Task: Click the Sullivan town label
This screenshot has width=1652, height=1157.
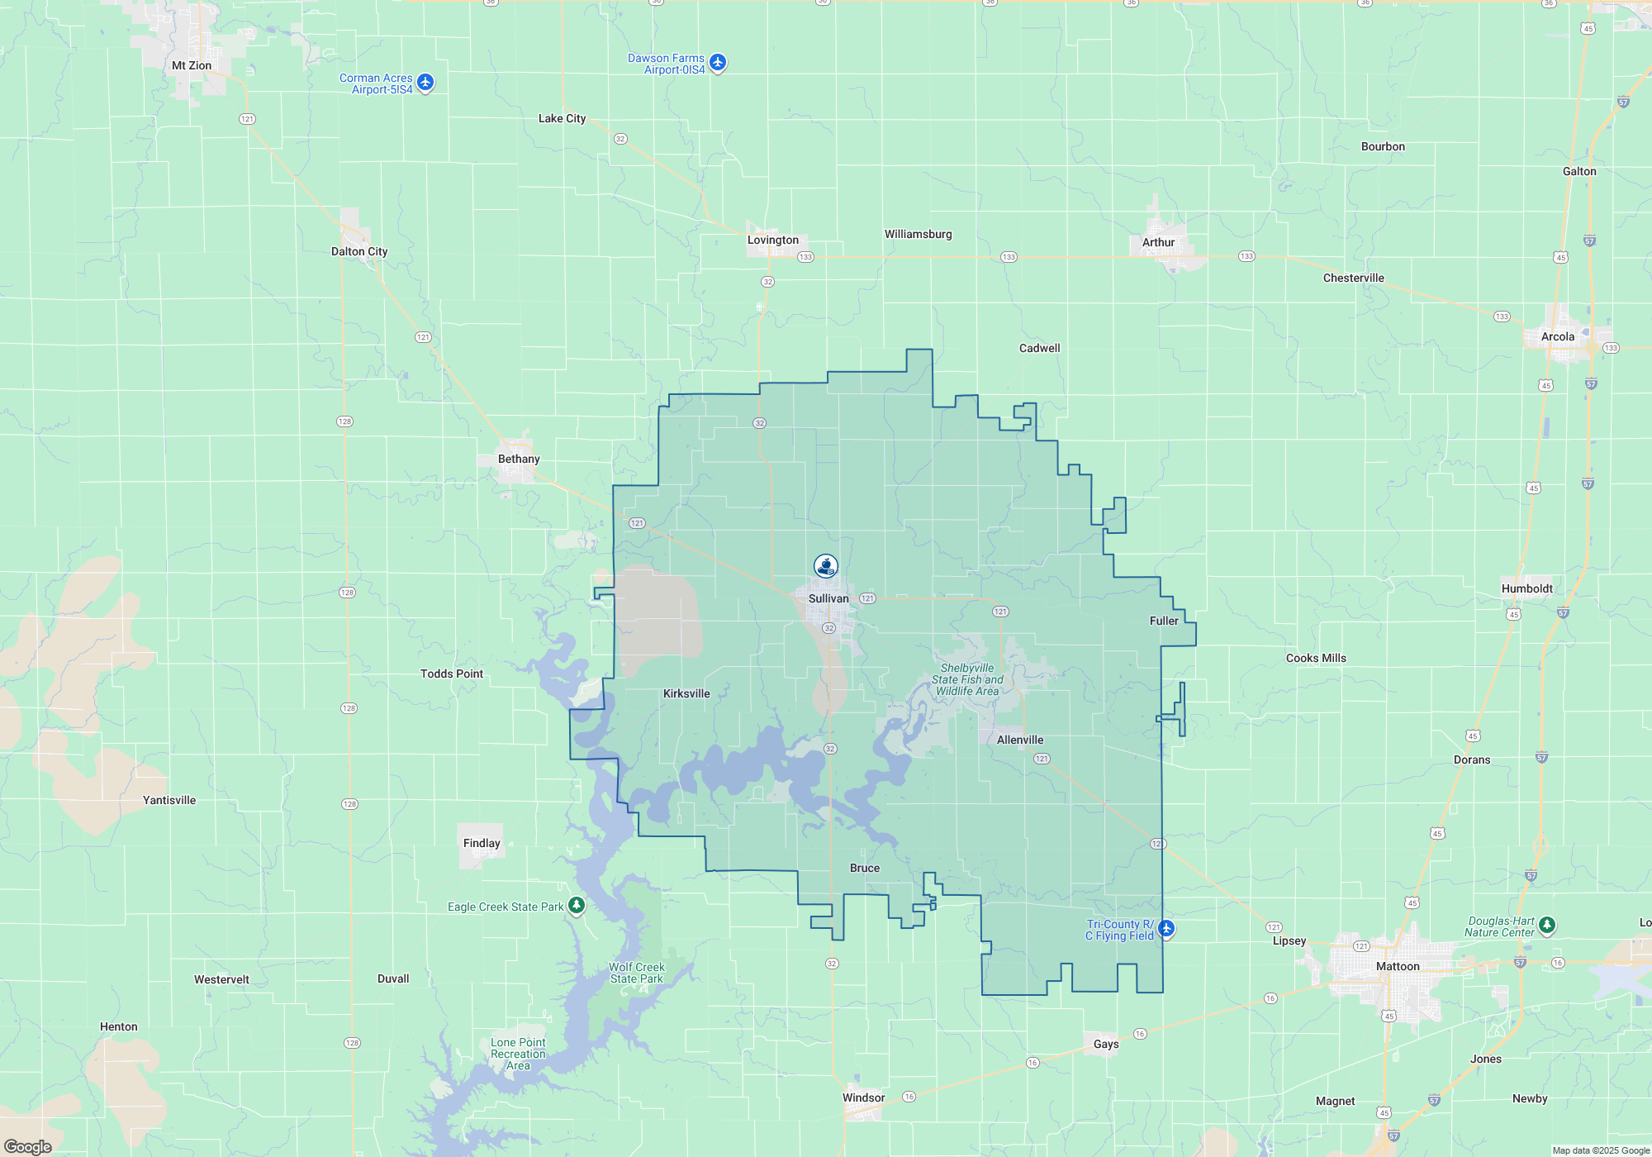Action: click(x=828, y=598)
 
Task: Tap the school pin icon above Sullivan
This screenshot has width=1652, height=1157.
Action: click(x=826, y=566)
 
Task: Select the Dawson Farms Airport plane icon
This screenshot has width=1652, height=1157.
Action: click(x=718, y=62)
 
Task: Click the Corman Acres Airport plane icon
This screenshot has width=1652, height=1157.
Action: click(x=425, y=82)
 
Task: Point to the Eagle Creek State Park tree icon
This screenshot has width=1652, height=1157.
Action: click(x=577, y=906)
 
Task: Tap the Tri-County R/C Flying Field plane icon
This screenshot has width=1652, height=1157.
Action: click(x=1166, y=928)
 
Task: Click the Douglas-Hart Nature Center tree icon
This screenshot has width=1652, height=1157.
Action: click(x=1547, y=925)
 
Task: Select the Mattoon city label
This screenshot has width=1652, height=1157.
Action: click(x=1398, y=966)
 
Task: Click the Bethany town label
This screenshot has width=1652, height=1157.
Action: click(x=519, y=459)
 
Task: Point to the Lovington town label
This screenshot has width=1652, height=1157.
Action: click(x=773, y=240)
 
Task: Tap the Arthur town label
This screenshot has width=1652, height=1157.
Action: click(x=1158, y=242)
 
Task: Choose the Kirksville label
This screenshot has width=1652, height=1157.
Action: click(x=686, y=693)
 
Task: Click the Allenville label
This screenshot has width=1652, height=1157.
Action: click(x=1020, y=740)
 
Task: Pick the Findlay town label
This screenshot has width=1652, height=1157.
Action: click(x=482, y=843)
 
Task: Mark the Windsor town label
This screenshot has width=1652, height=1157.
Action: click(x=863, y=1097)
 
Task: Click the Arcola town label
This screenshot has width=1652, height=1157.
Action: click(x=1558, y=336)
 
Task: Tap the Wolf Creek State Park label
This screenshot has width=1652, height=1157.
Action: click(x=637, y=973)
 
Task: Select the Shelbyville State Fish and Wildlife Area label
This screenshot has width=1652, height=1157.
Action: click(x=967, y=679)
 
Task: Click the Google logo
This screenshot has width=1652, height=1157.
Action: click(x=28, y=1146)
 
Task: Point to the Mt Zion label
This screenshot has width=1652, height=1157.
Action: click(x=192, y=65)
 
